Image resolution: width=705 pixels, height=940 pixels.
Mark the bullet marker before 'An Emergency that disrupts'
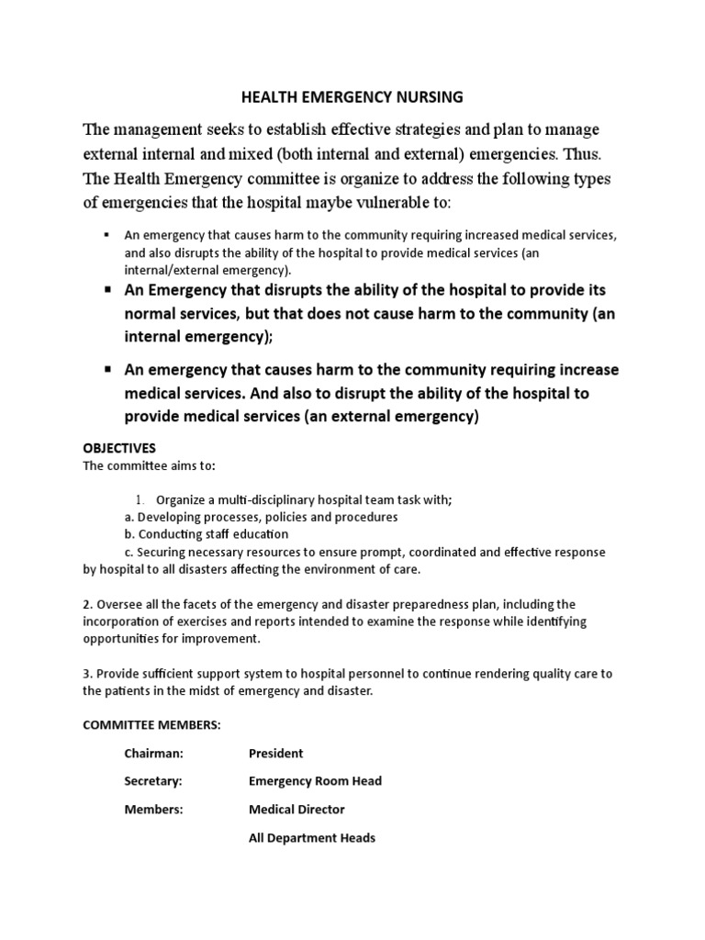click(x=107, y=290)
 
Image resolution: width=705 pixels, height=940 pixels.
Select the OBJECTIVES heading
click(x=119, y=448)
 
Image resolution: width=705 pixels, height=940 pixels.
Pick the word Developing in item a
click(x=169, y=517)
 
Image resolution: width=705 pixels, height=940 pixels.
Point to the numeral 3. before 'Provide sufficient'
click(x=88, y=674)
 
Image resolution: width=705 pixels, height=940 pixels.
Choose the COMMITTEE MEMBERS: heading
click(x=151, y=725)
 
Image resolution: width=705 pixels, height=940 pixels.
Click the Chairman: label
click(x=154, y=754)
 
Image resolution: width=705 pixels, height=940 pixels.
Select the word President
click(x=275, y=754)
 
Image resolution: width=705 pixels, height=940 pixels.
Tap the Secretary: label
click(x=153, y=781)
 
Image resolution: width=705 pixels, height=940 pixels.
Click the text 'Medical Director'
click(x=297, y=810)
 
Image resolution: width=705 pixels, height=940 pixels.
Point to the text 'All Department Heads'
click(x=312, y=838)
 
